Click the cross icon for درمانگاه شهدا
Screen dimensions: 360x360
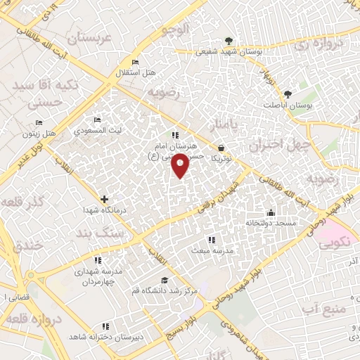pyautogui.click(x=104, y=200)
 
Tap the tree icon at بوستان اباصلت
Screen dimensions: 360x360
pyautogui.click(x=287, y=94)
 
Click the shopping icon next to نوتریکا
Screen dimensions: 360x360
pyautogui.click(x=222, y=148)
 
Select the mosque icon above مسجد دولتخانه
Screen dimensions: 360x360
pyautogui.click(x=271, y=213)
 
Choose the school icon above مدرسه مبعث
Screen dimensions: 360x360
pyautogui.click(x=212, y=240)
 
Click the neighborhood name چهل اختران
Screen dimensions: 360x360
pyautogui.click(x=279, y=146)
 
